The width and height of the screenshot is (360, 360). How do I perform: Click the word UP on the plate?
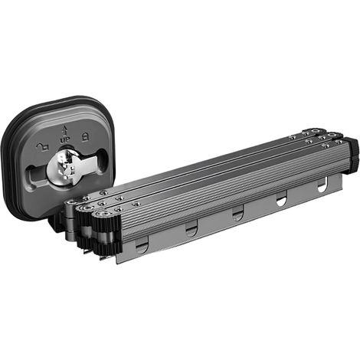coord(65,139)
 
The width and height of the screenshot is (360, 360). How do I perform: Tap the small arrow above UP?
coord(65,130)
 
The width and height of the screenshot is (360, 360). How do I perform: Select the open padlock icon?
coord(43,147)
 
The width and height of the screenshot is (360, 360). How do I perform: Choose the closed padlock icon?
coord(85,137)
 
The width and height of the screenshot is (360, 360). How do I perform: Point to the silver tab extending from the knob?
coord(90,162)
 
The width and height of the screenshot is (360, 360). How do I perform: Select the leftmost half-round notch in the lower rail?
coord(142,247)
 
